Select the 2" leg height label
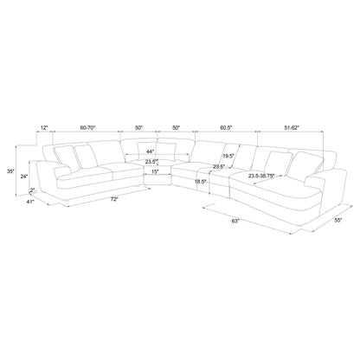pyautogui.click(x=31, y=192)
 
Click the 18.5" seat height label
pyautogui.click(x=200, y=183)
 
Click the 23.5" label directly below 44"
pyautogui.click(x=151, y=162)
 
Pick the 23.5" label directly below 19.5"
pyautogui.click(x=218, y=168)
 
